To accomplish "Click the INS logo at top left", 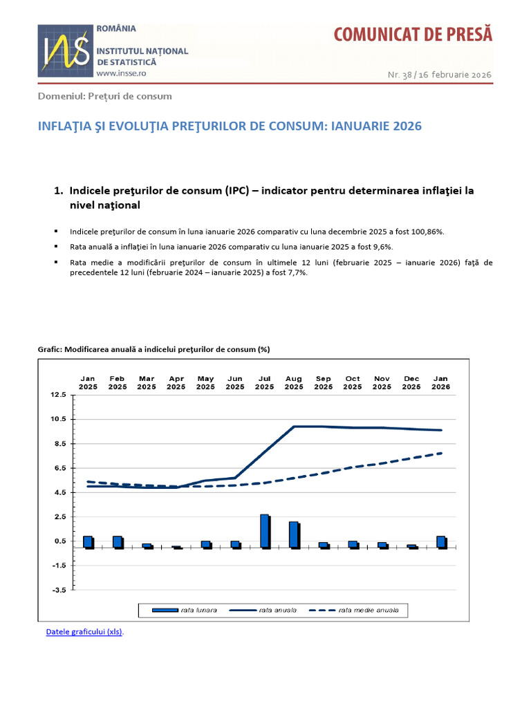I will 64,52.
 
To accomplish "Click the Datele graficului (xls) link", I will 84,632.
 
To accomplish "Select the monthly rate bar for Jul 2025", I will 264,531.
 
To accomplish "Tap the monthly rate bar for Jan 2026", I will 440,542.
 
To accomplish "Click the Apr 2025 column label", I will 176,382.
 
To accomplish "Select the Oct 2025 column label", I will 353,382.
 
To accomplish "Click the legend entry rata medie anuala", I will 359,610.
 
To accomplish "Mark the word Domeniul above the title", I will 61,96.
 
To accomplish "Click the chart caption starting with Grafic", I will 153,350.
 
